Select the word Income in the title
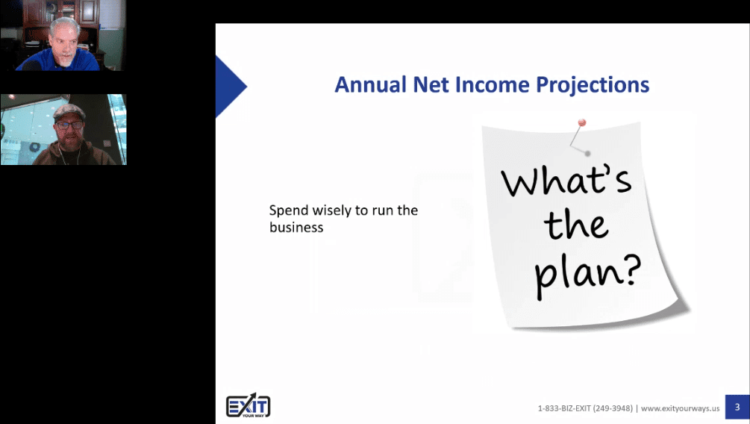(493, 84)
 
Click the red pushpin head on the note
(581, 123)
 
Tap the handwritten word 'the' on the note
(576, 225)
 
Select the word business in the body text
(296, 228)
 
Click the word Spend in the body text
(288, 211)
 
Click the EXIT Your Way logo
(249, 406)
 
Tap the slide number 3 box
(737, 408)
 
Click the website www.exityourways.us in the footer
(680, 408)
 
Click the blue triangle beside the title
(230, 87)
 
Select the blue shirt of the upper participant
(58, 62)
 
